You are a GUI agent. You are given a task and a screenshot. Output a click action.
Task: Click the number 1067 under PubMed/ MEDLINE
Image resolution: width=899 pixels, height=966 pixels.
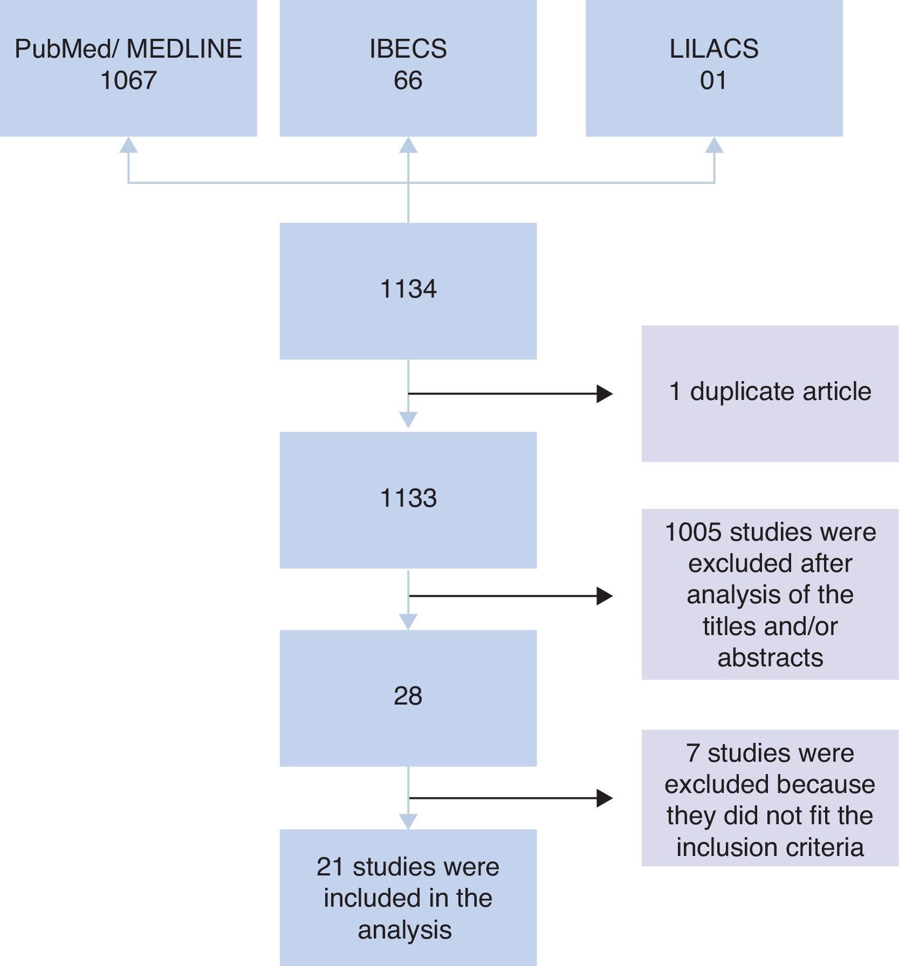coord(128,81)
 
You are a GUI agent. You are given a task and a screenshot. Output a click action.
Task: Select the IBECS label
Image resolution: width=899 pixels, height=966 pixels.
coord(408,49)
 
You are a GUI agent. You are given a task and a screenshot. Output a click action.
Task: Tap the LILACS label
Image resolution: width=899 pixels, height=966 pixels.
coord(713,49)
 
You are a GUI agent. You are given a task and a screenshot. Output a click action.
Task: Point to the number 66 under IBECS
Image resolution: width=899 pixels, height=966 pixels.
coord(408,81)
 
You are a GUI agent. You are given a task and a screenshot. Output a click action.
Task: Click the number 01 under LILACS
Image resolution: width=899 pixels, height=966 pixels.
coord(713,81)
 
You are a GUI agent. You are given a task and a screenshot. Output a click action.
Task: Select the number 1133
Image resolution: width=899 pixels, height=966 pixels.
coord(408,499)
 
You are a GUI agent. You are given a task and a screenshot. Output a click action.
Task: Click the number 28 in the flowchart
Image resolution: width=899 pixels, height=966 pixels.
coord(408,696)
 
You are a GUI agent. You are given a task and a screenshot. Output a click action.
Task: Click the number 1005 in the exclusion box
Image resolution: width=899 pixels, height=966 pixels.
coord(693,533)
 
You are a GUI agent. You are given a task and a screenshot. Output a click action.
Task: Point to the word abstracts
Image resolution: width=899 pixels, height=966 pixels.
coord(770,658)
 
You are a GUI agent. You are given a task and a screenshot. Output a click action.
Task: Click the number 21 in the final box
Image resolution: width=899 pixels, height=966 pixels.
coord(330,867)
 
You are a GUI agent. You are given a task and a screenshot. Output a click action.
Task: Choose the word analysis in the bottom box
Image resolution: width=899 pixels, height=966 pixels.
coord(404,930)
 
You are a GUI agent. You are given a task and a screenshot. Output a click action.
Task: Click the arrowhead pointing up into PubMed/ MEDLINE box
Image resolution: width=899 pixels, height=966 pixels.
coord(128,146)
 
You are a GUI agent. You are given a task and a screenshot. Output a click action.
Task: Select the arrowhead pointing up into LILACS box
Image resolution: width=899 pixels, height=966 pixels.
coord(714,146)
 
